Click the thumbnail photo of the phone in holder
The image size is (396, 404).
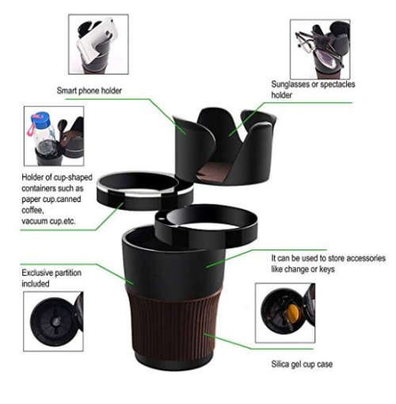tap(103, 44)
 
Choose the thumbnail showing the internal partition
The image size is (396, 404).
tap(52, 322)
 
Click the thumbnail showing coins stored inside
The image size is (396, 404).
tap(285, 312)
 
